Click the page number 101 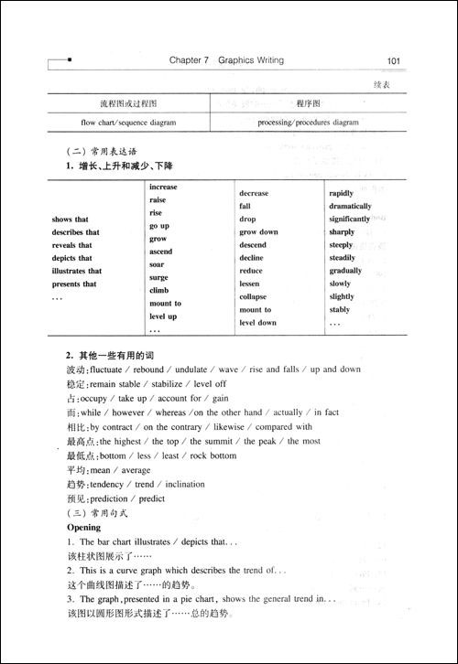pyautogui.click(x=394, y=61)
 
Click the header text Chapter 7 pyautogui.click(x=190, y=61)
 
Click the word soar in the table pyautogui.click(x=158, y=264)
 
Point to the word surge pyautogui.click(x=158, y=277)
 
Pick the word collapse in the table pyautogui.click(x=254, y=297)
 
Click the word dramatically pyautogui.click(x=350, y=207)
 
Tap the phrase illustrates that pyautogui.click(x=77, y=271)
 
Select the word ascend pyautogui.click(x=160, y=252)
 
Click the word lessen pyautogui.click(x=251, y=284)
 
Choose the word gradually pyautogui.click(x=346, y=271)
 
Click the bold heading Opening pyautogui.click(x=84, y=528)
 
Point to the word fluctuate pyautogui.click(x=111, y=369)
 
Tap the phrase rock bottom pyautogui.click(x=213, y=455)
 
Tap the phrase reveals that pyautogui.click(x=72, y=245)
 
